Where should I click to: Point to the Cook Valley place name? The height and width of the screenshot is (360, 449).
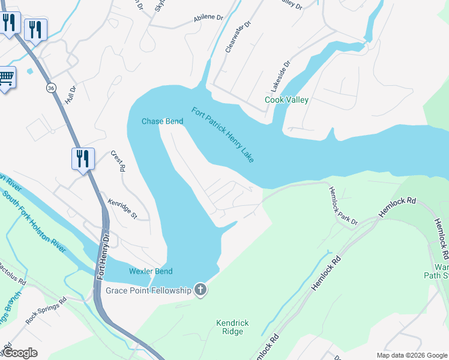287,100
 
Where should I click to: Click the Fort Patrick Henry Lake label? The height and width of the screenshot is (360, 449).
223,134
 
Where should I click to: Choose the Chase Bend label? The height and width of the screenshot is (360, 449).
162,121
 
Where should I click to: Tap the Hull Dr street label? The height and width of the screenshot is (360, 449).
73,95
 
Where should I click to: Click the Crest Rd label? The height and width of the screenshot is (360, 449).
118,161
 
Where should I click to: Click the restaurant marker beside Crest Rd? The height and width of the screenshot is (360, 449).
83,159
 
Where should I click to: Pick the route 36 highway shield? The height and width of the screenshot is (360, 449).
52,88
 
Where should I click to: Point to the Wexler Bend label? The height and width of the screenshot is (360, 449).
151,271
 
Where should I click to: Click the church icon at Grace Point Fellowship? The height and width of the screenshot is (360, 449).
200,290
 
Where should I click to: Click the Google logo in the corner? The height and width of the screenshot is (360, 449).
20,353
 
